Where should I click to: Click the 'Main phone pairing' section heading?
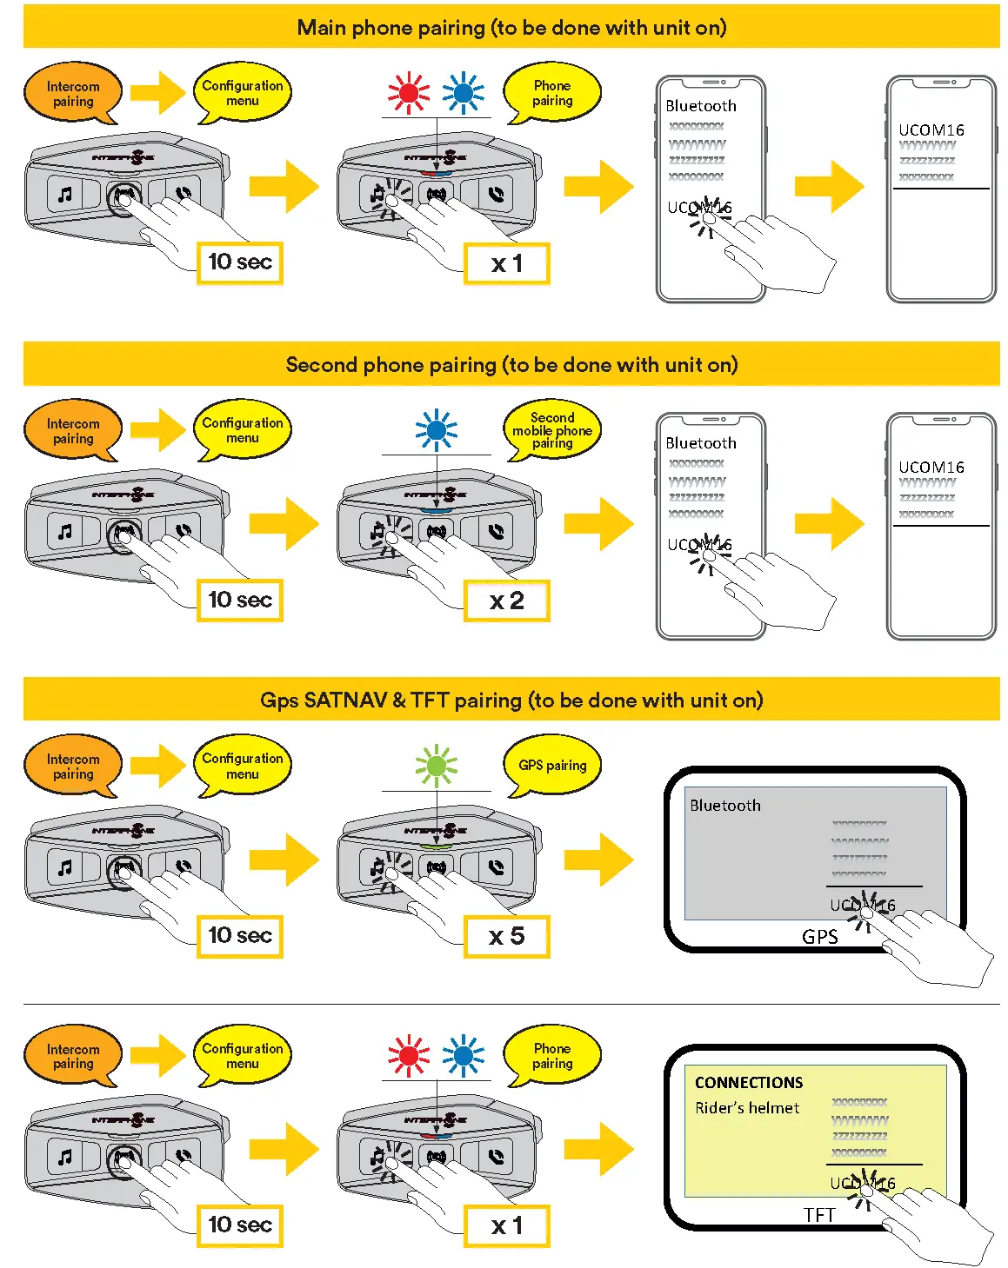pyautogui.click(x=511, y=28)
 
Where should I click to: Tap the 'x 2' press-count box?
pyautogui.click(x=506, y=601)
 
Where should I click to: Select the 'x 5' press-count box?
pyautogui.click(x=506, y=936)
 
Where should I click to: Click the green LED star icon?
pyautogui.click(x=436, y=766)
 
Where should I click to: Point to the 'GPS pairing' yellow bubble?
pyautogui.click(x=552, y=766)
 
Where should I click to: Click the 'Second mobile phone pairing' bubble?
pyautogui.click(x=552, y=430)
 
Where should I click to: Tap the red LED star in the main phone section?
pyautogui.click(x=408, y=93)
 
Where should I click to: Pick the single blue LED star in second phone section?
pyautogui.click(x=436, y=430)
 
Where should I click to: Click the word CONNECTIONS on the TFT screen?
pyautogui.click(x=749, y=1083)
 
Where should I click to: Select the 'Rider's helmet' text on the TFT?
pyautogui.click(x=747, y=1108)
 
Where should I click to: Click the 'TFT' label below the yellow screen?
pyautogui.click(x=819, y=1215)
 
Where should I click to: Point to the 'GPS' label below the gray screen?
pyautogui.click(x=819, y=937)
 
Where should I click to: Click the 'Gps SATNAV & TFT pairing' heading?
pyautogui.click(x=511, y=700)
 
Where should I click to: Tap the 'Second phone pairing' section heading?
pyautogui.click(x=511, y=365)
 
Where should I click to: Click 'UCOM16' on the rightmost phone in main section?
pyautogui.click(x=931, y=130)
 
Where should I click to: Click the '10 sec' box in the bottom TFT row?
pyautogui.click(x=240, y=1225)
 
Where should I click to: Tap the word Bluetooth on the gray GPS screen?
pyautogui.click(x=724, y=806)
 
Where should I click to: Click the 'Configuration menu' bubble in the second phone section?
pyautogui.click(x=243, y=430)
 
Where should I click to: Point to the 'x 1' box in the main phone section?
pyautogui.click(x=506, y=263)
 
